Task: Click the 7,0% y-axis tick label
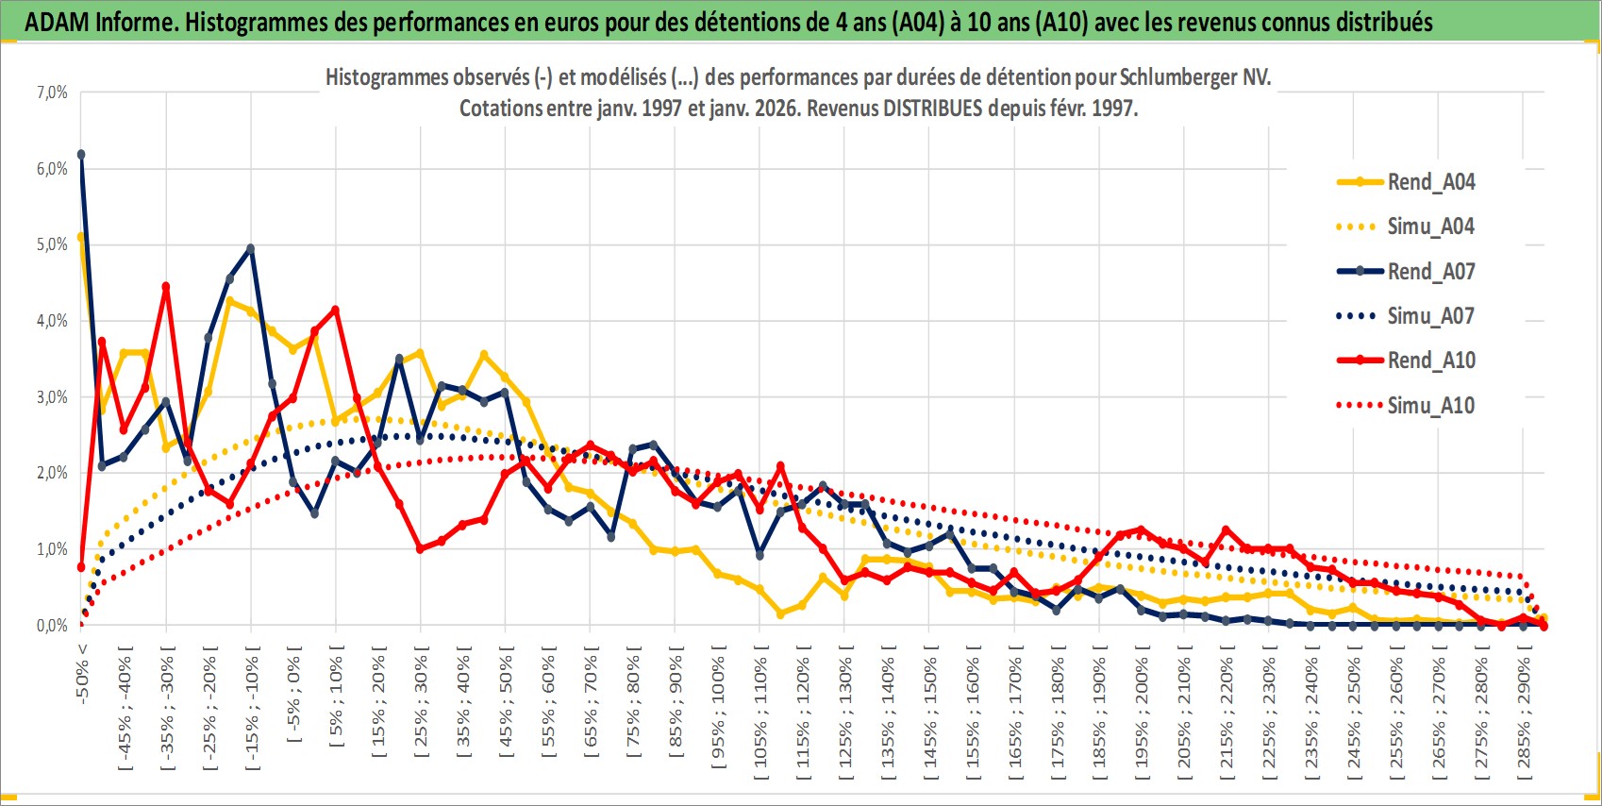(52, 92)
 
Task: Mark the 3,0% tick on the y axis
(52, 397)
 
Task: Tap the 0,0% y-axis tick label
(52, 626)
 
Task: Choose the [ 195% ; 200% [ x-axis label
(1143, 713)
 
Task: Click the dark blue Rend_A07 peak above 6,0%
(81, 154)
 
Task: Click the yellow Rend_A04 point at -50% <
(81, 237)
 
